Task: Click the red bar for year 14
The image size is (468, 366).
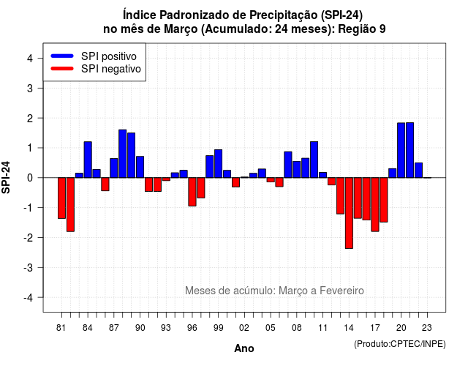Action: pos(349,213)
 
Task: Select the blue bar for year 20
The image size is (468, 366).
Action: pos(401,150)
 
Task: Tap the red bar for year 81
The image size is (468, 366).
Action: pos(61,198)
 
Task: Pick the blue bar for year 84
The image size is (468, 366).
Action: pos(88,160)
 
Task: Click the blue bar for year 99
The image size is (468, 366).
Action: pos(218,164)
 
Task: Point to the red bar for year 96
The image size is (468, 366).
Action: pos(192,192)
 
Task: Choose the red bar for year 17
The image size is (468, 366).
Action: pos(375,204)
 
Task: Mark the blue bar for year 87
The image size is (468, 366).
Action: pos(114,168)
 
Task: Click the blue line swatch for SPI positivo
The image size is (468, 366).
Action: pos(62,56)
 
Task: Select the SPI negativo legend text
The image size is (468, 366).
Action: pos(111,69)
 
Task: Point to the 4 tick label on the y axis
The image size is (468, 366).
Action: pos(30,59)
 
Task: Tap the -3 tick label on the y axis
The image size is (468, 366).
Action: pos(29,267)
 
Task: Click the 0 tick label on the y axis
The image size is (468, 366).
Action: pos(30,178)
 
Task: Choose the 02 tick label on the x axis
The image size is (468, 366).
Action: pos(244,328)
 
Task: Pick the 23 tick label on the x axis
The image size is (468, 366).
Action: pos(427,328)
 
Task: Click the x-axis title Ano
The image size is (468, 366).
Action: pos(244,348)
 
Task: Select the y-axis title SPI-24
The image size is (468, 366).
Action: pos(6,177)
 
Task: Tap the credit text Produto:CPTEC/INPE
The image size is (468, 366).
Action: pos(400,344)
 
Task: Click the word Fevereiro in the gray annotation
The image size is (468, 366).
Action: pos(341,291)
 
